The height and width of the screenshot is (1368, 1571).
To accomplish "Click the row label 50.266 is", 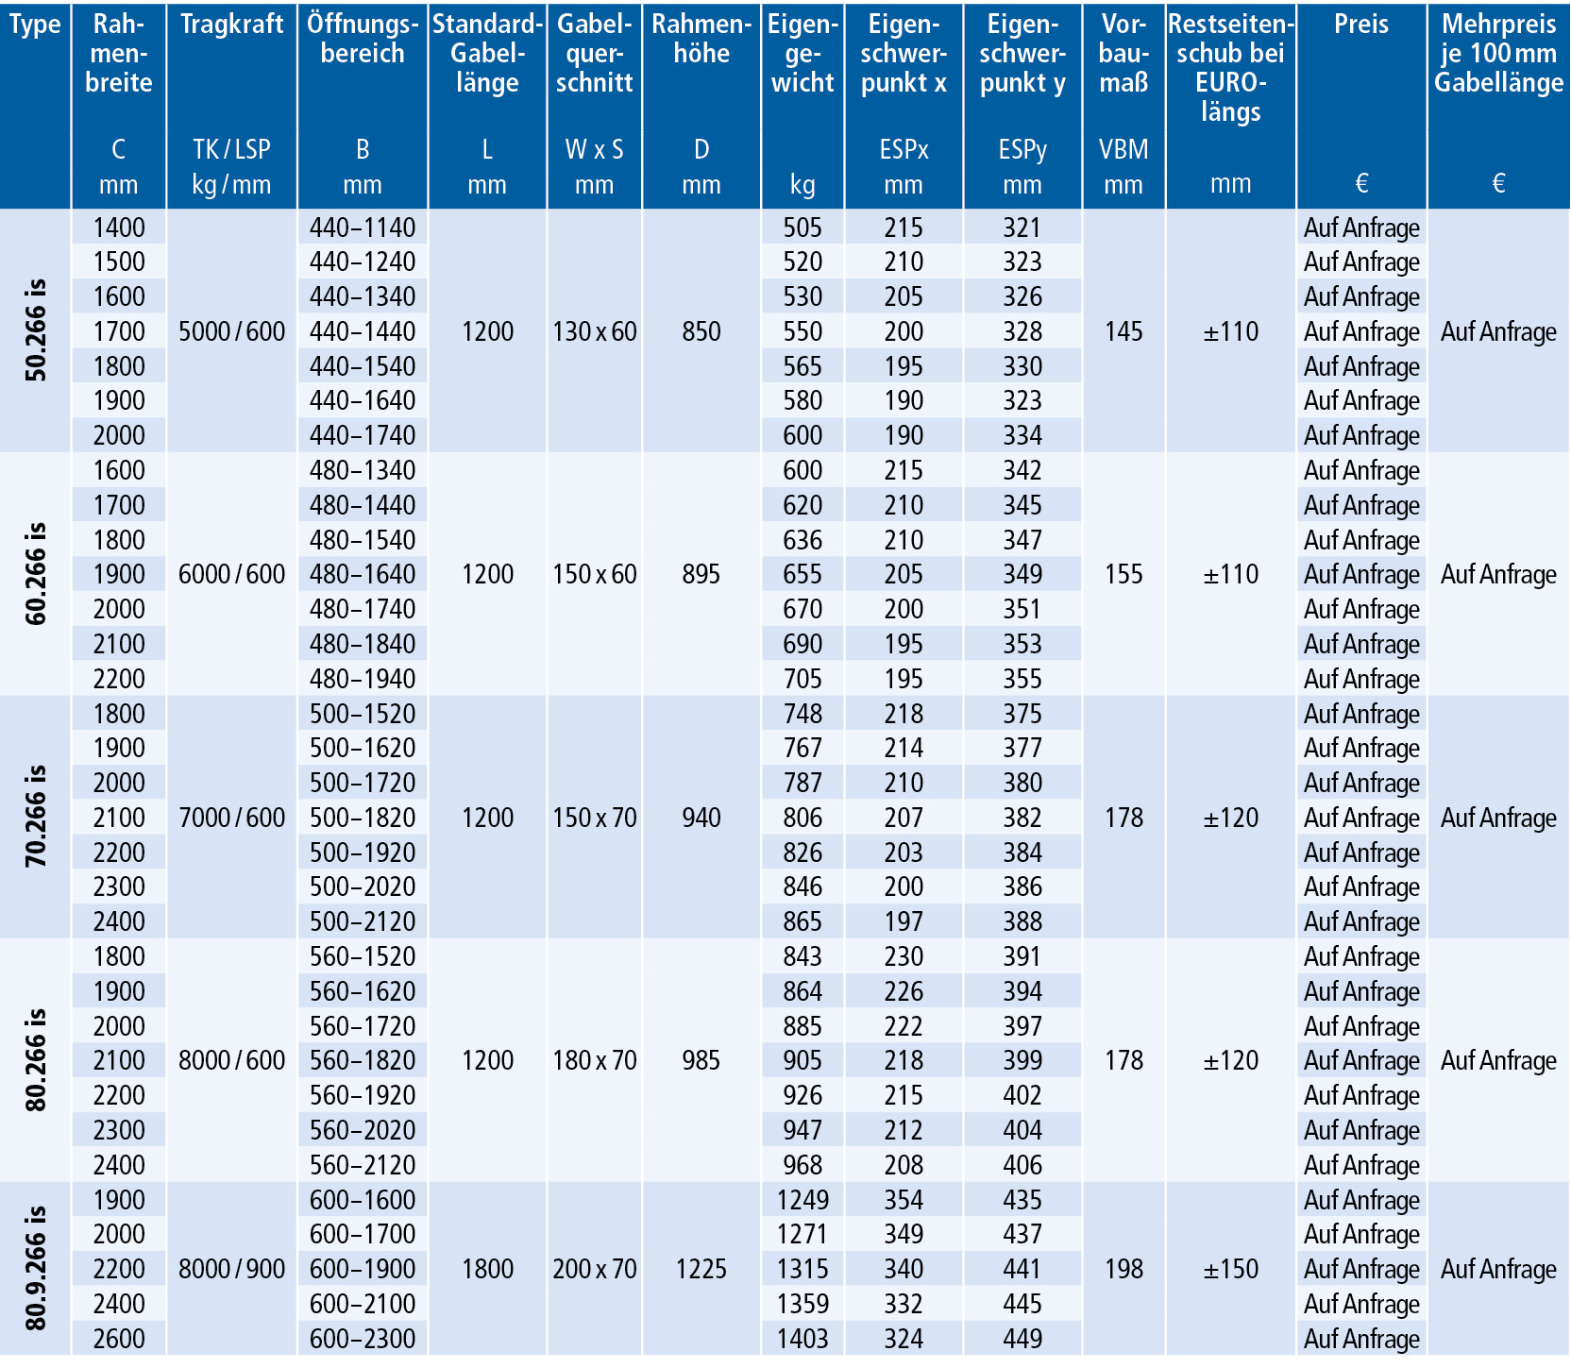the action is click(x=36, y=330).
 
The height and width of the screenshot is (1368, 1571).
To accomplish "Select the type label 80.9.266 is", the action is click(x=36, y=1268).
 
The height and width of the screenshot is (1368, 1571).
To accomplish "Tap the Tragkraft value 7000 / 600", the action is click(x=232, y=818).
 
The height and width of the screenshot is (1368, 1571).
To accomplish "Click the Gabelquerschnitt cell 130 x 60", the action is click(x=595, y=331).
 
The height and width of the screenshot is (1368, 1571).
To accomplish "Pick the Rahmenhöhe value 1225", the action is click(x=701, y=1269).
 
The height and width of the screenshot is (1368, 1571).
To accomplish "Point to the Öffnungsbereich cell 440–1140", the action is click(x=363, y=228).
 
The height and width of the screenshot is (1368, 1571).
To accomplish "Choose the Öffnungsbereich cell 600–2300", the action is click(x=363, y=1339).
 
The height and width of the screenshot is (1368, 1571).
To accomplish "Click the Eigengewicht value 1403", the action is click(x=802, y=1339).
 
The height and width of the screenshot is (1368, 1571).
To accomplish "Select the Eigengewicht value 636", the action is click(x=802, y=540).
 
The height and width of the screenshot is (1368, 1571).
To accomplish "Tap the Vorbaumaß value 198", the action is click(x=1123, y=1269).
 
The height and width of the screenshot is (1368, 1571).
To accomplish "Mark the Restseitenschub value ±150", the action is click(x=1231, y=1269).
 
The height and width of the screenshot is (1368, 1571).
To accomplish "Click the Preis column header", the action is click(x=1361, y=24).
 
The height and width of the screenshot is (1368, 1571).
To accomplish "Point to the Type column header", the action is click(x=35, y=25).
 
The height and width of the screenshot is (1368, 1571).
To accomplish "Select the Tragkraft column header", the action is click(x=232, y=24).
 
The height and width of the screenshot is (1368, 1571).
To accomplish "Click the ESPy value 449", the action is click(x=1022, y=1339).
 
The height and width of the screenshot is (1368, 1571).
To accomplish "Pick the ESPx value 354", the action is click(x=904, y=1200).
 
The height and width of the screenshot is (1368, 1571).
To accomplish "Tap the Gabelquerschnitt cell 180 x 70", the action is click(x=595, y=1060).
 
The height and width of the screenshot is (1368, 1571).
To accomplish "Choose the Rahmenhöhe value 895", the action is click(x=701, y=574).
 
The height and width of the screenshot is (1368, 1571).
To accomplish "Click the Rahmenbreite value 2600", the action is click(x=119, y=1339).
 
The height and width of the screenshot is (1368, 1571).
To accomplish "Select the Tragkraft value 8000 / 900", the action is click(x=232, y=1269).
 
